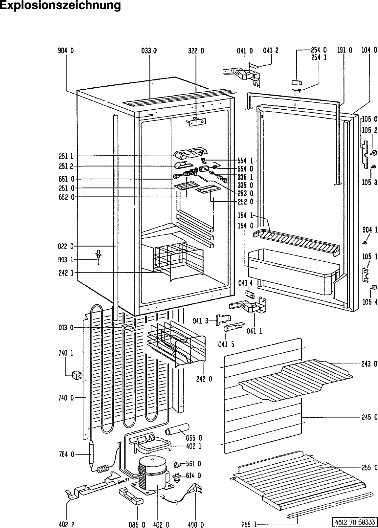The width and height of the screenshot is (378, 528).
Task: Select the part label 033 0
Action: tap(149, 51)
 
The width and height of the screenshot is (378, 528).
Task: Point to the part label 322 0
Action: tap(196, 51)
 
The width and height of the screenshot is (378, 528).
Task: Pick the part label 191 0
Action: tap(345, 50)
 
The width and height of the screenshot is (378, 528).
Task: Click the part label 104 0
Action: tap(369, 50)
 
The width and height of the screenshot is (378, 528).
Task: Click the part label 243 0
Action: tap(369, 364)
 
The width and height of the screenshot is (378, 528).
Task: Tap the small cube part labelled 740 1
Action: tap(77, 375)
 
